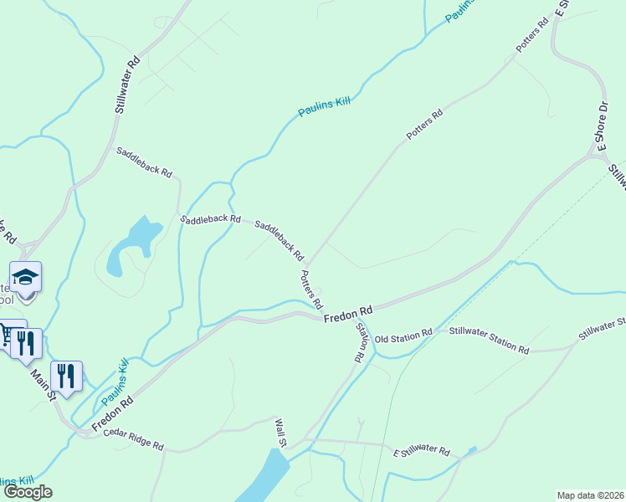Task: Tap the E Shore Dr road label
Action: tap(602, 125)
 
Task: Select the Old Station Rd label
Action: tap(403, 336)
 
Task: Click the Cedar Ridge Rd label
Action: tap(133, 441)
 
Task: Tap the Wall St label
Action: tap(281, 433)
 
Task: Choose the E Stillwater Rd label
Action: tap(422, 451)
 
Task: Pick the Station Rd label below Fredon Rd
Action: tap(360, 342)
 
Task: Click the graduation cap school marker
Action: tap(26, 276)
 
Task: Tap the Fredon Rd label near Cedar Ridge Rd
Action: tap(112, 414)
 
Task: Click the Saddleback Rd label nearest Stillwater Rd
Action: tap(144, 162)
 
